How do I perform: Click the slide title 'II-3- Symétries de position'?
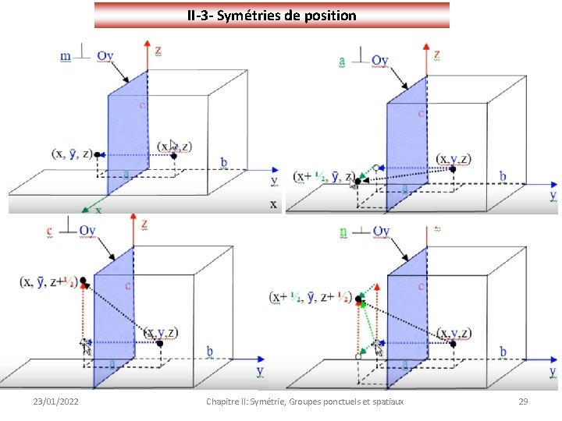pyautogui.click(x=272, y=15)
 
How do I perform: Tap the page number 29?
pyautogui.click(x=523, y=401)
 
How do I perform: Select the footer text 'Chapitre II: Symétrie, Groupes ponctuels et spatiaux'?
pyautogui.click(x=304, y=401)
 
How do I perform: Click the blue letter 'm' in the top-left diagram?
pyautogui.click(x=65, y=55)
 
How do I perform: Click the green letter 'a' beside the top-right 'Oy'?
pyautogui.click(x=343, y=60)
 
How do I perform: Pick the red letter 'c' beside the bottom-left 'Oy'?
pyautogui.click(x=50, y=231)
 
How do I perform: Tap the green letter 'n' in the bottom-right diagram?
pyautogui.click(x=343, y=232)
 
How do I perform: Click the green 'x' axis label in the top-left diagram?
pyautogui.click(x=98, y=210)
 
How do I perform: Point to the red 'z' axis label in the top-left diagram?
pyautogui.click(x=158, y=51)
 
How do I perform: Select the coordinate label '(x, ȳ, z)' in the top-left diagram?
pyautogui.click(x=71, y=154)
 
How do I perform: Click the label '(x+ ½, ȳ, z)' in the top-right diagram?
pyautogui.click(x=320, y=176)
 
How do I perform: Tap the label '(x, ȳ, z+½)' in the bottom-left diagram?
pyautogui.click(x=48, y=281)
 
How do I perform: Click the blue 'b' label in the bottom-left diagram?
pyautogui.click(x=209, y=352)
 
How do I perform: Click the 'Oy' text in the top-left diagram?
pyautogui.click(x=105, y=55)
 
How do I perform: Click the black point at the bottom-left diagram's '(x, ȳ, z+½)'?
pyautogui.click(x=82, y=280)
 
